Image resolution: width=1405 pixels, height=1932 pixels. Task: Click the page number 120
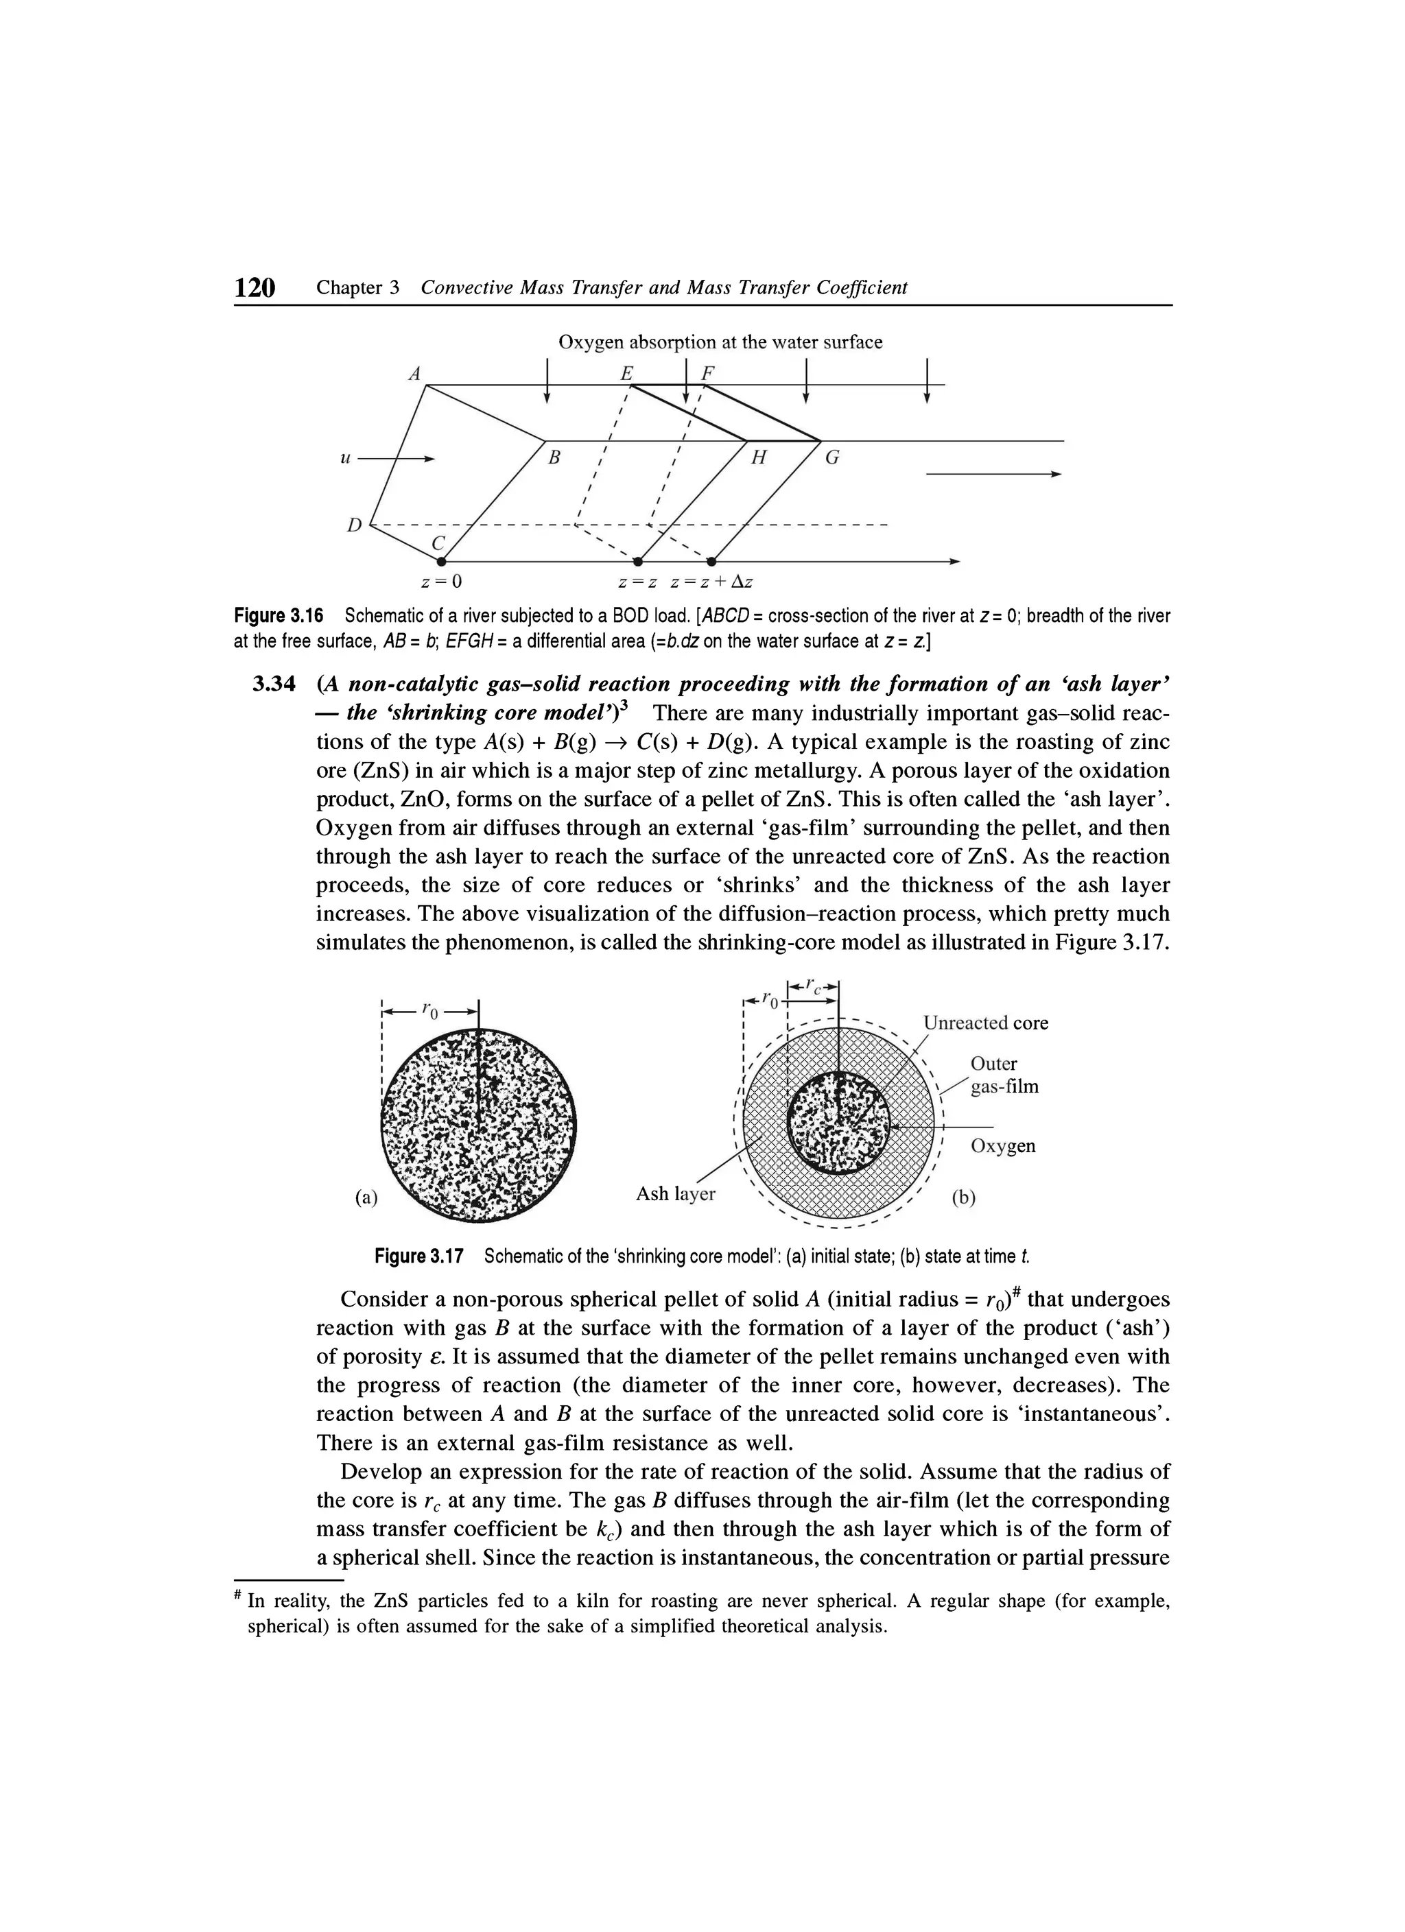point(256,288)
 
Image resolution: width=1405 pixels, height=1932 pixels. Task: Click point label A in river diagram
point(415,373)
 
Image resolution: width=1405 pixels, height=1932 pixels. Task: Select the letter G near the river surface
point(832,457)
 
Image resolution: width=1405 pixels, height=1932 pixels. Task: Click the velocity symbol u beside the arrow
point(345,458)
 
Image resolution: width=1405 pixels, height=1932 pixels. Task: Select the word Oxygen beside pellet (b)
point(1003,1146)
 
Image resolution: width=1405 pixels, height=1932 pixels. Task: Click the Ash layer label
point(676,1193)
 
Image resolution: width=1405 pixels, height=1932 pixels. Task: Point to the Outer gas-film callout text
point(1004,1075)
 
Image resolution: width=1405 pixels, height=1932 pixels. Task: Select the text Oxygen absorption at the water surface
point(720,342)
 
